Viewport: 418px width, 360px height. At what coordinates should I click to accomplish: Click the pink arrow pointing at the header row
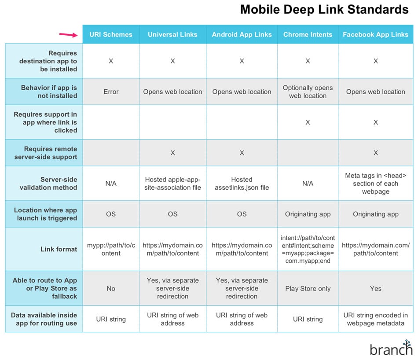click(68, 35)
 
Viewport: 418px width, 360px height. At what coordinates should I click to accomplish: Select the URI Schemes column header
click(111, 34)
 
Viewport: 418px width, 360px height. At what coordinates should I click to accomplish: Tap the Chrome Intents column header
click(308, 34)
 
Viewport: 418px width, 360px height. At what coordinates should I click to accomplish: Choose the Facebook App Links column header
click(375, 34)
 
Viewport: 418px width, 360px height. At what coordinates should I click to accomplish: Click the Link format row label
click(59, 249)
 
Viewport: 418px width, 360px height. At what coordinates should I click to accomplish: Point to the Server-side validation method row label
click(48, 184)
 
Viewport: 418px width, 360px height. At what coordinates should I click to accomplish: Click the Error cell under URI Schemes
click(111, 92)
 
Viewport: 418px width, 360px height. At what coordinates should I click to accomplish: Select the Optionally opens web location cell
click(308, 92)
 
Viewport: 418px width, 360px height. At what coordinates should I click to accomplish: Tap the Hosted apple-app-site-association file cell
click(172, 184)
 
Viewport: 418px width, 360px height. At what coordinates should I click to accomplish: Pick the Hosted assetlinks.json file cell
click(242, 184)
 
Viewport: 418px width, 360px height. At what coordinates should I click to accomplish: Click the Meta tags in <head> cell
click(375, 184)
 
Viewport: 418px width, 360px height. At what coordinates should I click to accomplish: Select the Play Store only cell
click(308, 289)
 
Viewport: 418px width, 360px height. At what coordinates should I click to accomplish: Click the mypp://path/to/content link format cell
click(111, 249)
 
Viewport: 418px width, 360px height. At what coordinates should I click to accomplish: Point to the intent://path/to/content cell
click(308, 249)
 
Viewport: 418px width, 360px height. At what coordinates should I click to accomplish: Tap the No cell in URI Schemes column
click(111, 289)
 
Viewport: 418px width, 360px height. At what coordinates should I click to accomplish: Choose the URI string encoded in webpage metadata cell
click(375, 319)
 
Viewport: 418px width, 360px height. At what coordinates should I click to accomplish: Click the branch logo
click(391, 348)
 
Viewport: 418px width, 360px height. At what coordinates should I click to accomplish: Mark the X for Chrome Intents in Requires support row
click(308, 122)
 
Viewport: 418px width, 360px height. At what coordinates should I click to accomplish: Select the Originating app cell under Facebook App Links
click(375, 214)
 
